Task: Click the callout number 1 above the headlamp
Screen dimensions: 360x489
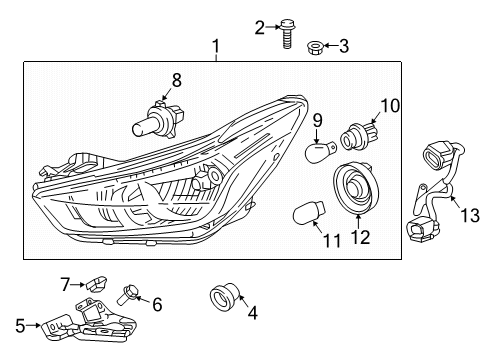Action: point(214,46)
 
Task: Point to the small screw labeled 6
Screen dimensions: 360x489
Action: point(127,293)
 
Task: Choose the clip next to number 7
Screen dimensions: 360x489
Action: point(98,282)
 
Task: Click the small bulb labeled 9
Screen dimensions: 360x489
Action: point(320,150)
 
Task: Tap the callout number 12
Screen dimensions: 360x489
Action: point(361,238)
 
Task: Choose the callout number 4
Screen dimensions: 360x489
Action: point(252,313)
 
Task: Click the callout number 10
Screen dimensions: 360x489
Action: point(389,105)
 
